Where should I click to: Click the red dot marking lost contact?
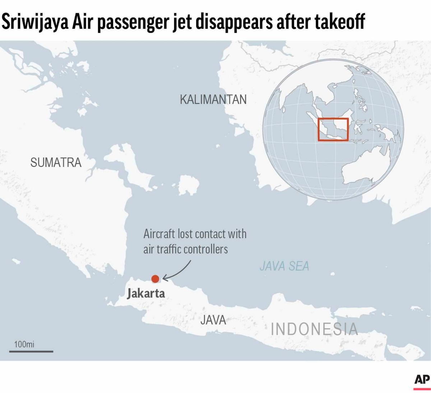coord(155,279)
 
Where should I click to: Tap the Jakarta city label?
coord(146,293)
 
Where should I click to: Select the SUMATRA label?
coord(56,163)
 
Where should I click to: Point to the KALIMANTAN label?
coord(213,99)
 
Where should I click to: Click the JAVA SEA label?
coord(284,266)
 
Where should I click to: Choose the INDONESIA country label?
coord(314,329)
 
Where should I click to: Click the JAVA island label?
coord(213,320)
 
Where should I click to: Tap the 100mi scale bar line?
coord(31,351)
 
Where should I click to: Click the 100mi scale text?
coord(24,344)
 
